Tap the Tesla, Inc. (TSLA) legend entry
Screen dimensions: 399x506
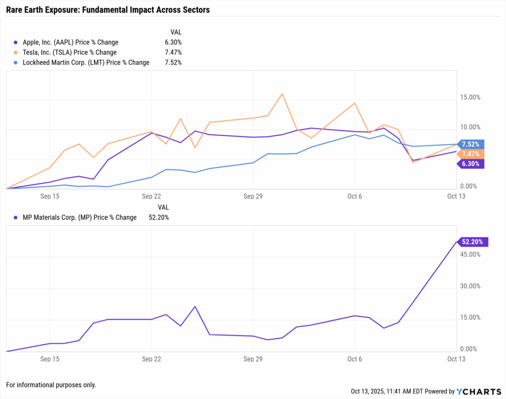70,52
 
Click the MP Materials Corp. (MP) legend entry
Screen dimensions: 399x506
80,217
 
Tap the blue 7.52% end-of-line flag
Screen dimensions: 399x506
470,144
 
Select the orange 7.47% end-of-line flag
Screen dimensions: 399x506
470,154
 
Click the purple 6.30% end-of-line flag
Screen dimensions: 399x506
470,164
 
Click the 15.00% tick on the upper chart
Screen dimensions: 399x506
470,98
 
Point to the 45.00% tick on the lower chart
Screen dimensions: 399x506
470,255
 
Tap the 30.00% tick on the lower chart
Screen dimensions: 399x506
470,286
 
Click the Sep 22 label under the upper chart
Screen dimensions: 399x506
151,196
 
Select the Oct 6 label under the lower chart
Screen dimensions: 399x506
354,359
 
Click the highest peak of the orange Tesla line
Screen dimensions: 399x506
282,94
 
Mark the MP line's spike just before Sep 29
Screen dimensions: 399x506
195,307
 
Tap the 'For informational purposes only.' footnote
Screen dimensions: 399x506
51,385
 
